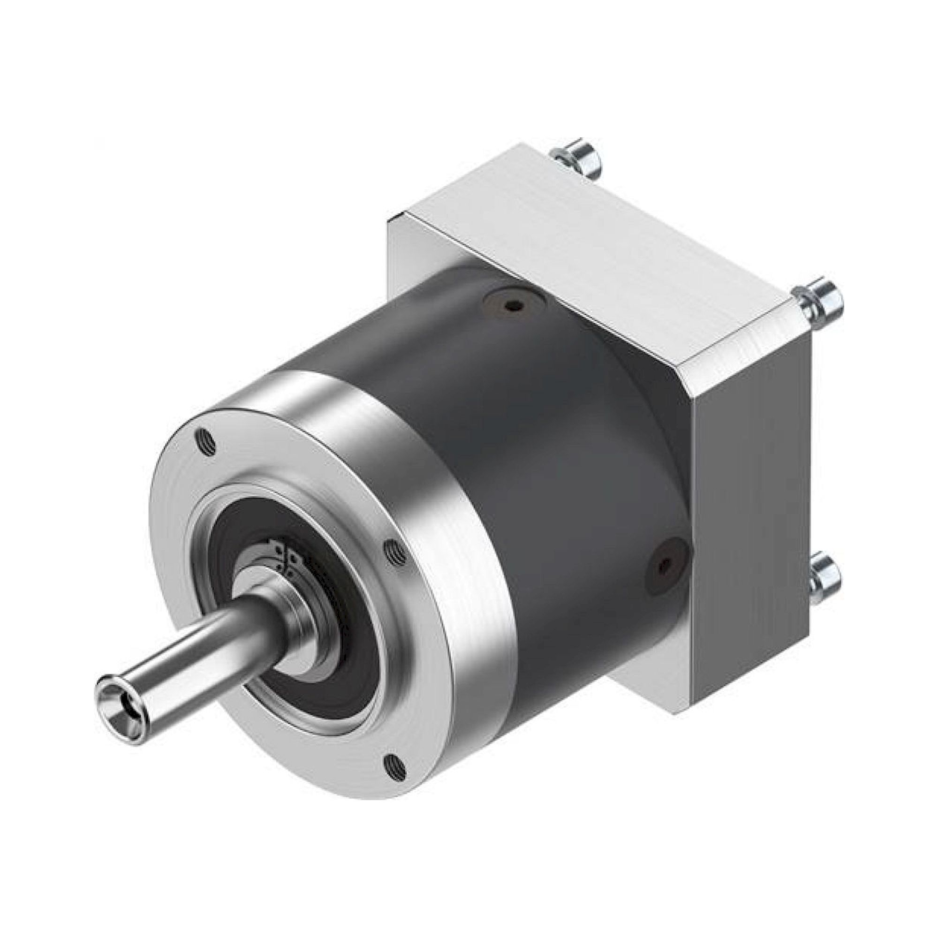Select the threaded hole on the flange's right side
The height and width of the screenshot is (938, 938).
coord(396,553)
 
